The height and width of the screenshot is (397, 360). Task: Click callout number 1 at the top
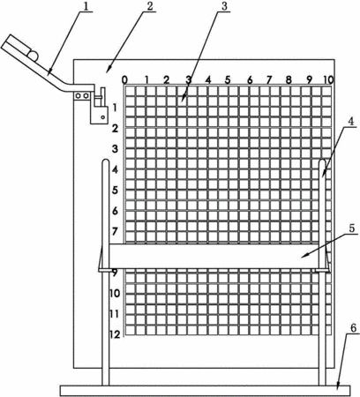86,6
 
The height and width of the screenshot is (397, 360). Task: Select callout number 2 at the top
150,6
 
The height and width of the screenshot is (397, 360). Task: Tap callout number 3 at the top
224,6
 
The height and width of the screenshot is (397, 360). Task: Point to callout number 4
350,122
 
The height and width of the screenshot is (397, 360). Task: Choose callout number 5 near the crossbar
352,228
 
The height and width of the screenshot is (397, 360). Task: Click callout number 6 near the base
354,328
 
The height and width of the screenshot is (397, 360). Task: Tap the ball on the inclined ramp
34,56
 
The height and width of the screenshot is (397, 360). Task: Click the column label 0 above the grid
124,79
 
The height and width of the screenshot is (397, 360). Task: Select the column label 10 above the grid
328,79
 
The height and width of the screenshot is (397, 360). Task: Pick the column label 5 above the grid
228,79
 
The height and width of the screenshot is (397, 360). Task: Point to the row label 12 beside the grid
115,334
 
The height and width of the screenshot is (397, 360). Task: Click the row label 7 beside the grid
115,231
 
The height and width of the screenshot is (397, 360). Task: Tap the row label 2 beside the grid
115,129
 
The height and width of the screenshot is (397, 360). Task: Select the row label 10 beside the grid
115,293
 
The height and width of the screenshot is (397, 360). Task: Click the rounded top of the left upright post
105,161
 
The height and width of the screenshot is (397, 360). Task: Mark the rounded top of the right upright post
323,161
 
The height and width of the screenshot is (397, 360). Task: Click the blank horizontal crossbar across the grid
214,256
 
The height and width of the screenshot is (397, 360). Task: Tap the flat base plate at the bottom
206,391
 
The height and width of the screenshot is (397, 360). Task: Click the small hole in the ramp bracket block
102,117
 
